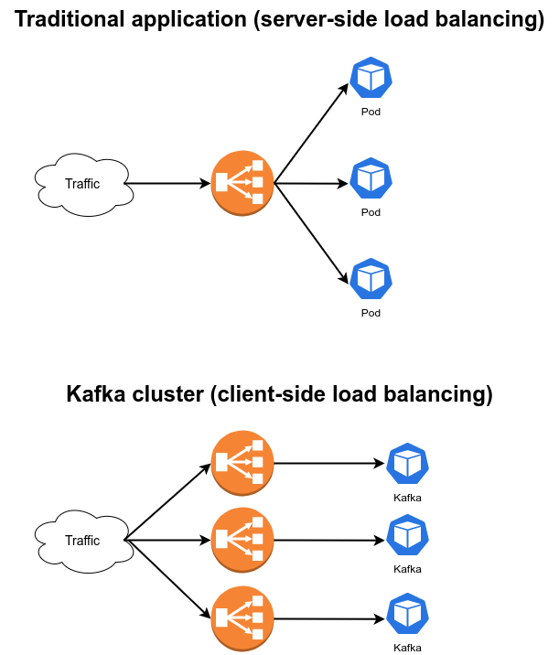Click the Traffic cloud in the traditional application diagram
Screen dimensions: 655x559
(x=82, y=184)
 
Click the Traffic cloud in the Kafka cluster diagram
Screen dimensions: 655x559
(x=82, y=541)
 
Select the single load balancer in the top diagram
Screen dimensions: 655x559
(x=243, y=183)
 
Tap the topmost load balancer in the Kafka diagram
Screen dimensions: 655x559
(x=243, y=463)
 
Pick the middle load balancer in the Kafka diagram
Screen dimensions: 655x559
(x=243, y=540)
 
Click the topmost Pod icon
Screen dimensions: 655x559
(x=371, y=80)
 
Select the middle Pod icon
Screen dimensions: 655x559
(x=371, y=179)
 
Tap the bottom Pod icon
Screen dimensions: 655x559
(x=371, y=279)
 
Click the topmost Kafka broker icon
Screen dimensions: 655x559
(x=407, y=465)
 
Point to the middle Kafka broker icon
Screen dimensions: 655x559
(x=407, y=537)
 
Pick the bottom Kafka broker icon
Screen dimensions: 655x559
(x=407, y=616)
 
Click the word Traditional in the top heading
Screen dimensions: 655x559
(x=70, y=20)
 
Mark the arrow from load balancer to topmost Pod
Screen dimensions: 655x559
(x=311, y=134)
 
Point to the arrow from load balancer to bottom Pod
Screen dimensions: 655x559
(x=311, y=232)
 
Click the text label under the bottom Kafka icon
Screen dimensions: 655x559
(x=407, y=648)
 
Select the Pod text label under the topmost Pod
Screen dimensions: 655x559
(x=371, y=113)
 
